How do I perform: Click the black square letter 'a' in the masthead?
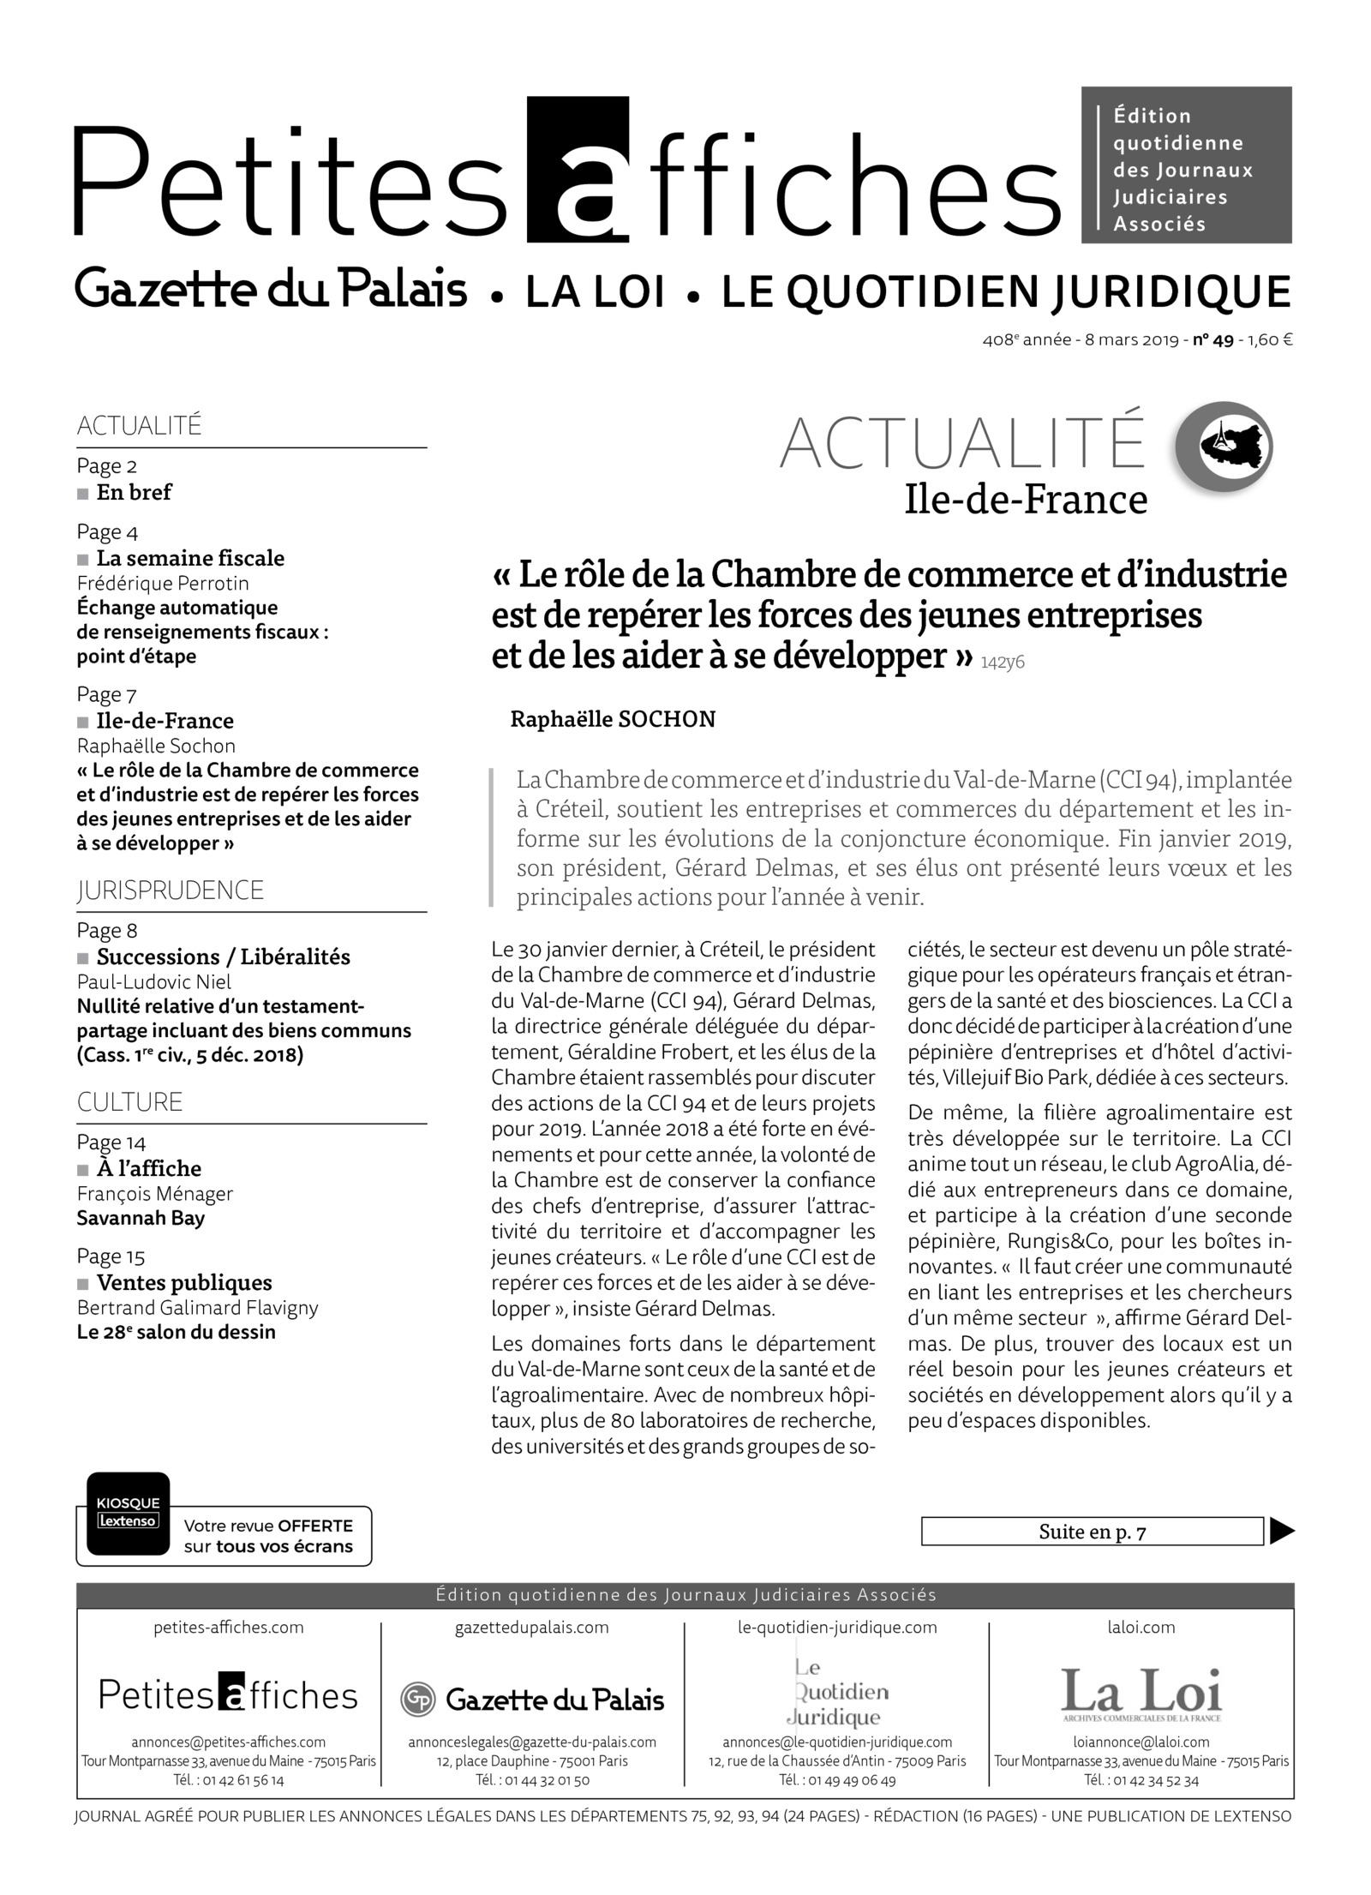578,170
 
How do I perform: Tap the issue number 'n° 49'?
1213,340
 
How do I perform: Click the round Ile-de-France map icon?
1224,447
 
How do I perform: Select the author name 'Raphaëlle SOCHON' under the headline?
613,719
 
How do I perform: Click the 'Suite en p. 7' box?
1092,1532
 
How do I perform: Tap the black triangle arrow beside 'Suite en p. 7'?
1281,1531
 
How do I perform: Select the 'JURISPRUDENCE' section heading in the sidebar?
171,891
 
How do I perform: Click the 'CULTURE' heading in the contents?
130,1102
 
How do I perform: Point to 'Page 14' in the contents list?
111,1142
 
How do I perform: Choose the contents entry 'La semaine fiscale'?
190,558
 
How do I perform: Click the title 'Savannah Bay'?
141,1218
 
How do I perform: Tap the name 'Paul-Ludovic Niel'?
154,981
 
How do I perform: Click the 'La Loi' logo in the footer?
1141,1694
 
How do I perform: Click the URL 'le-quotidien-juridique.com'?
837,1627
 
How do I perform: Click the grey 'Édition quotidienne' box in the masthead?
1186,165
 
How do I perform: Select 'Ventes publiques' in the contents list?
184,1282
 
